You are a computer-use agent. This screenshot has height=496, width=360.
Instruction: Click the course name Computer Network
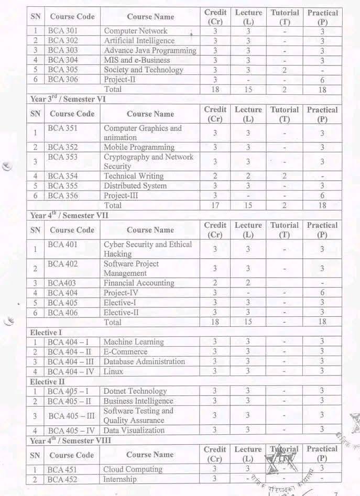[x=135, y=31]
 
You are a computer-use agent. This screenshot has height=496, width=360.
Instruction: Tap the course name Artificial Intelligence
[x=139, y=40]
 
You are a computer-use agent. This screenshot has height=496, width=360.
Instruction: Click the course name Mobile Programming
[x=139, y=147]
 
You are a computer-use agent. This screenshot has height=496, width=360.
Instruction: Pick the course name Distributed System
[x=135, y=186]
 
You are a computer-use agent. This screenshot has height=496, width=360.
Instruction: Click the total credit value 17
[x=215, y=205]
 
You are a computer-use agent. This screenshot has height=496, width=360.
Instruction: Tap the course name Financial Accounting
[x=138, y=283]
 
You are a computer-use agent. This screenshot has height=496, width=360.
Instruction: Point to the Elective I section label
[x=46, y=332]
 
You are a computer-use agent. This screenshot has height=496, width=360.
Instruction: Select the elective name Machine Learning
[x=133, y=342]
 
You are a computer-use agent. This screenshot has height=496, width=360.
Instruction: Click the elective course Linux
[x=113, y=371]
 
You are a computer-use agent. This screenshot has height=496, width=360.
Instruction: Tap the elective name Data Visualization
[x=134, y=431]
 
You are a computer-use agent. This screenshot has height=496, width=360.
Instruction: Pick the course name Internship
[x=119, y=479]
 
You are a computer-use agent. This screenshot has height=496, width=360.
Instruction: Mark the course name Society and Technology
[x=143, y=70]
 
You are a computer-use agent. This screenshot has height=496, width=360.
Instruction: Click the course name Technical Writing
[x=133, y=176]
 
